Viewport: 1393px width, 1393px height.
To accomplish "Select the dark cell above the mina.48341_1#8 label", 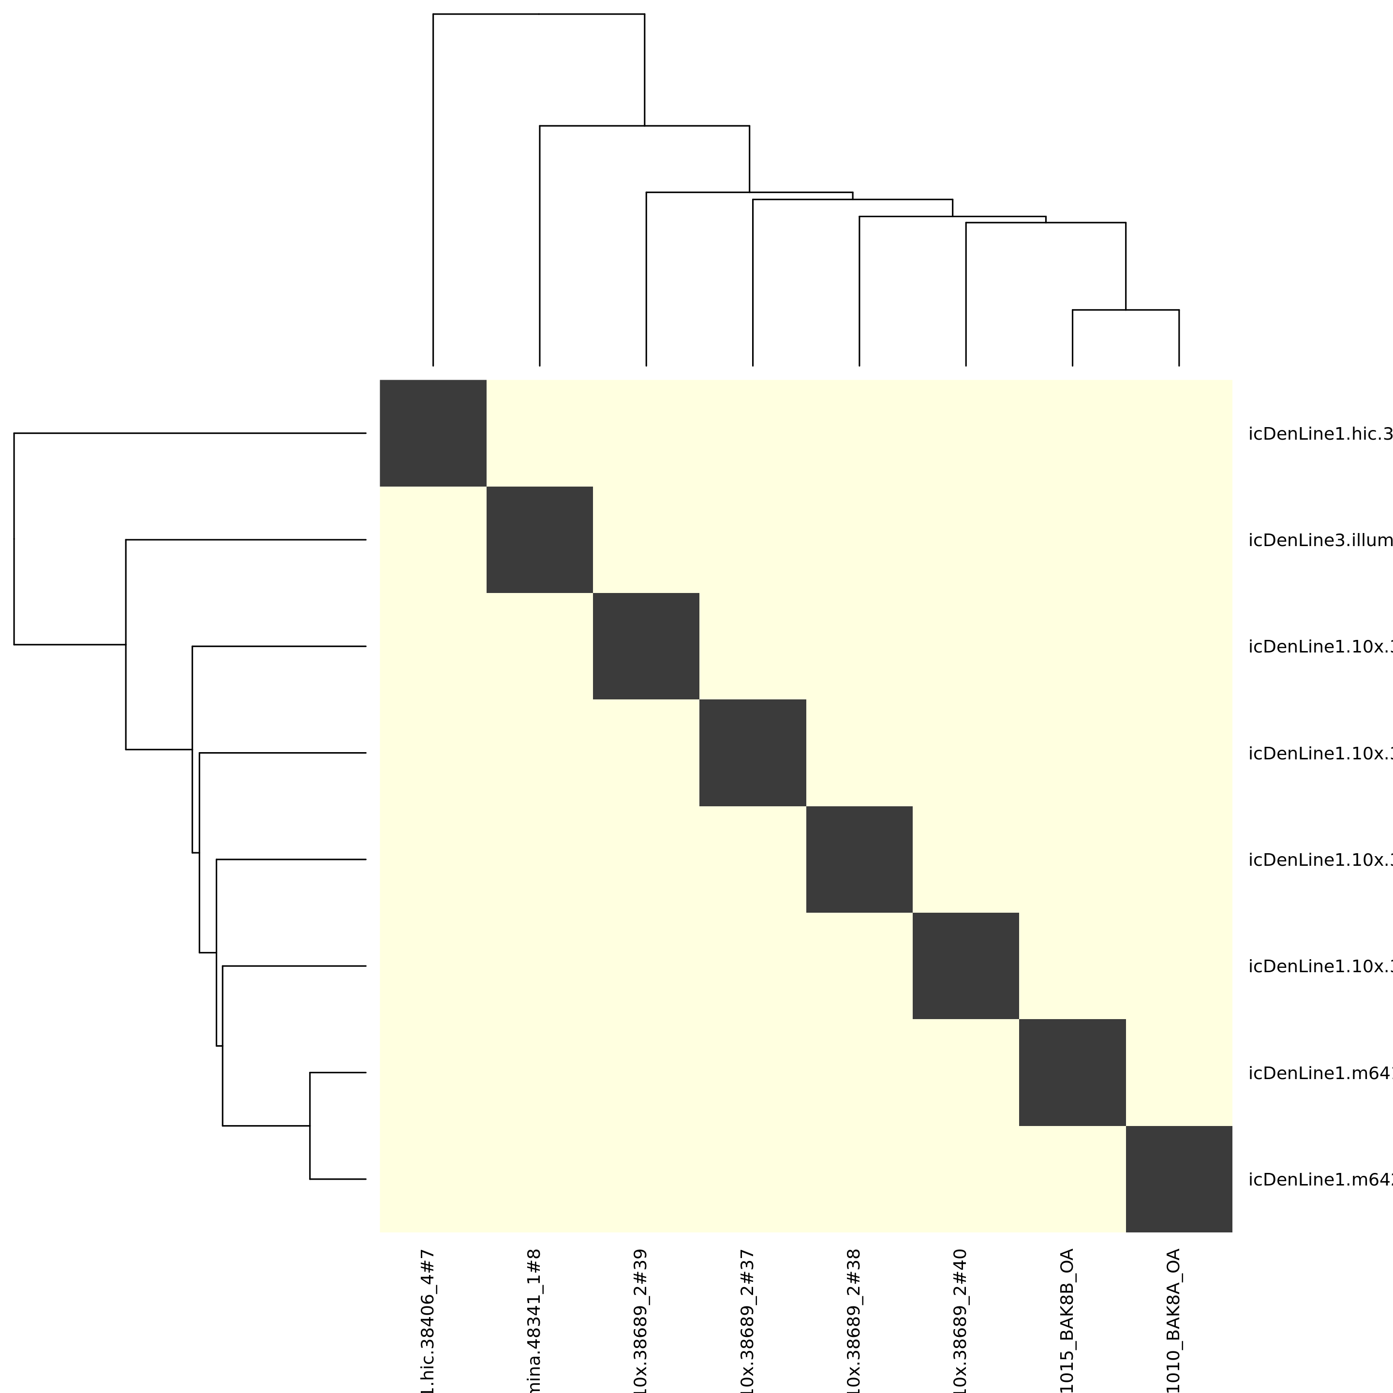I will [x=539, y=539].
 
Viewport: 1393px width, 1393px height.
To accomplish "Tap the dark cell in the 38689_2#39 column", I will [x=646, y=646].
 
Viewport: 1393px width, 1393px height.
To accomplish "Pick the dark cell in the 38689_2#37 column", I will [x=753, y=753].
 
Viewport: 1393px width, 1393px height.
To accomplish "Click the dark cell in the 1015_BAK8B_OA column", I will [x=1072, y=1072].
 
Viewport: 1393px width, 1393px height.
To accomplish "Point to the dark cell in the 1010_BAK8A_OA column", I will [x=1179, y=1179].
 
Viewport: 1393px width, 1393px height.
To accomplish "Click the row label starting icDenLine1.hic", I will [x=1319, y=434].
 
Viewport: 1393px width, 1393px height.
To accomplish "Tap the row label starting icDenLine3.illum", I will [x=1319, y=541].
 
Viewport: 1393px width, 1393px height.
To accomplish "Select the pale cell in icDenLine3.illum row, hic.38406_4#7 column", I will [x=432, y=539].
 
